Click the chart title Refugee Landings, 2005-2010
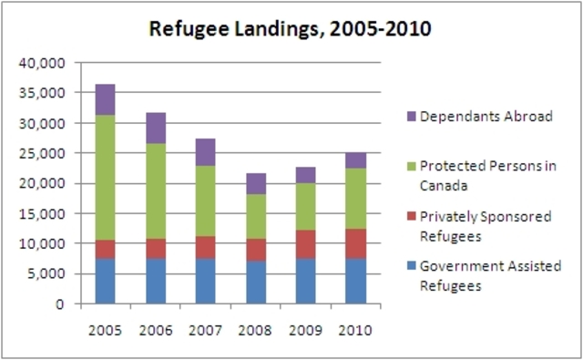tap(291, 29)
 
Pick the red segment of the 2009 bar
tap(306, 244)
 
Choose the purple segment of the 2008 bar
tap(256, 183)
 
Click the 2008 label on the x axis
tap(256, 328)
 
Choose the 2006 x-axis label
tap(156, 328)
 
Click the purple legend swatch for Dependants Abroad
tap(411, 117)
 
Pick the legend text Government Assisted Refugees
tap(485, 275)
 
